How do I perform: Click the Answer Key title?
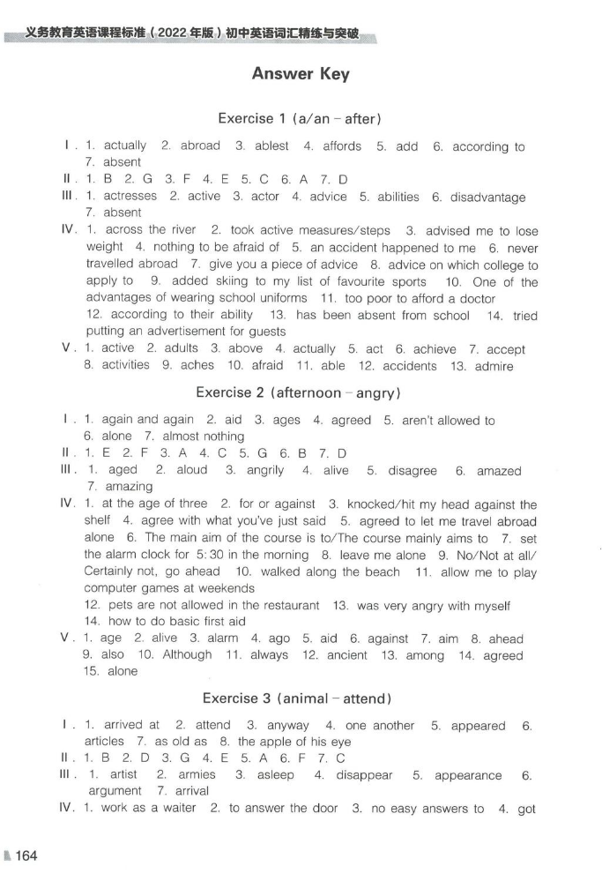coord(301,74)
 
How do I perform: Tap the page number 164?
coord(26,855)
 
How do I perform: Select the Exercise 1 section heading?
coord(299,118)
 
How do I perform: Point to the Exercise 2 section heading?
coord(299,392)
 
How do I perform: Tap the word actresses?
coord(130,197)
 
